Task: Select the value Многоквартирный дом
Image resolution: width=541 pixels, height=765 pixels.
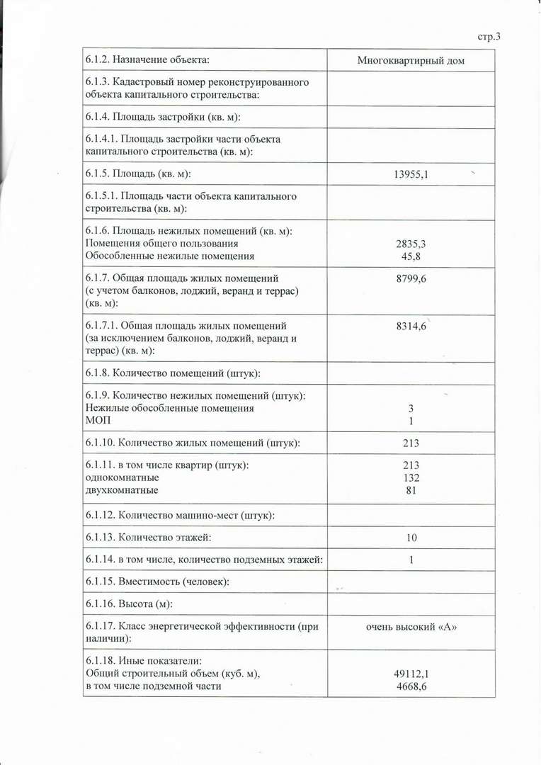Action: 411,61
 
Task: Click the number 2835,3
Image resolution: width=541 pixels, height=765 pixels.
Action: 411,244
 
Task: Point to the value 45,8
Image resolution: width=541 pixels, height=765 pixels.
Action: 411,256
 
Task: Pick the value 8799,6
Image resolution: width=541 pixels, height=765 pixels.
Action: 411,279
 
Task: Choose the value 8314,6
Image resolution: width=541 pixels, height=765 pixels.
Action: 411,327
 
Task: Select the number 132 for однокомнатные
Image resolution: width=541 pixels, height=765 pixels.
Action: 411,477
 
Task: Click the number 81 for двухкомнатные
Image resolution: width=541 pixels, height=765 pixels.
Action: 411,490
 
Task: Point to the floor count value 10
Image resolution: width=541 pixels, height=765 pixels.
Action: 411,538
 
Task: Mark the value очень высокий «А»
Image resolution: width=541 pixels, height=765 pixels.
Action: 411,626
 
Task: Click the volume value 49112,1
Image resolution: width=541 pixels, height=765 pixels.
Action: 411,674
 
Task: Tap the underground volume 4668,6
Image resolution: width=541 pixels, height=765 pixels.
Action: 411,686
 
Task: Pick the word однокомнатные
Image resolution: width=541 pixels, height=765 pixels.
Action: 121,477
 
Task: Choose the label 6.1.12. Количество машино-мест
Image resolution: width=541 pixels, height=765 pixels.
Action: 180,515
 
